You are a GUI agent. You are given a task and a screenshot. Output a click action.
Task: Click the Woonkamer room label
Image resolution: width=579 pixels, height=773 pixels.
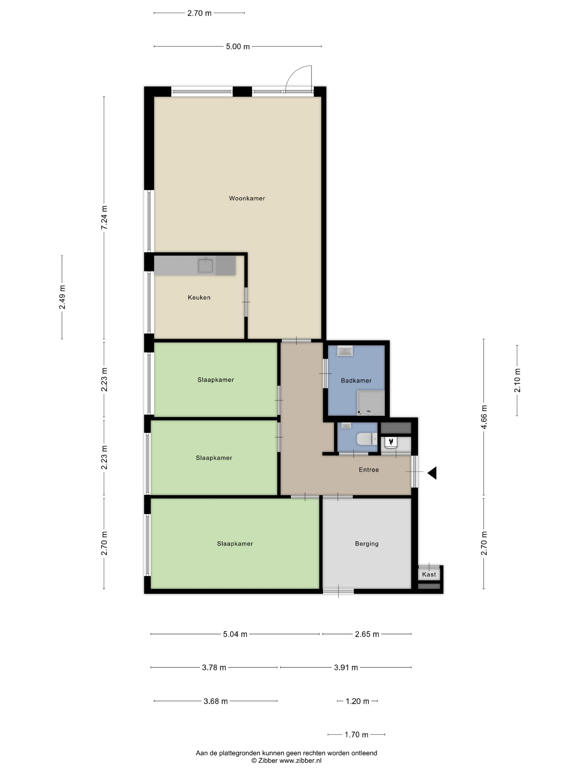click(x=247, y=198)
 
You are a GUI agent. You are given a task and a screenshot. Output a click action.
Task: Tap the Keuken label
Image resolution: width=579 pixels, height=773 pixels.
click(x=199, y=297)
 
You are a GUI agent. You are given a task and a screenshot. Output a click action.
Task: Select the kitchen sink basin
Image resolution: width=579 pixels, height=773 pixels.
click(x=206, y=266)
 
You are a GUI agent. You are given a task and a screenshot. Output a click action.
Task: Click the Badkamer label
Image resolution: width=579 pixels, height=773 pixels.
click(x=356, y=380)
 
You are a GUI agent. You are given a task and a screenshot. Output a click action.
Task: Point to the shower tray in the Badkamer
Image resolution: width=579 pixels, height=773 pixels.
click(x=370, y=403)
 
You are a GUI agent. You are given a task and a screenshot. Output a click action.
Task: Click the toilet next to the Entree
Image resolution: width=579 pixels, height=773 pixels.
click(x=367, y=439)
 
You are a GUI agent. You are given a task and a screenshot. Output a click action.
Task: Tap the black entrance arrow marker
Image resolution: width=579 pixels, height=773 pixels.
click(x=432, y=473)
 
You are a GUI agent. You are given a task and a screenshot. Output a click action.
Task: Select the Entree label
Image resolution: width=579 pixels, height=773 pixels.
click(x=369, y=470)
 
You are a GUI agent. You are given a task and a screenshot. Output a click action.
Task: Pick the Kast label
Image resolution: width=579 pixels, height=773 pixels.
click(x=429, y=574)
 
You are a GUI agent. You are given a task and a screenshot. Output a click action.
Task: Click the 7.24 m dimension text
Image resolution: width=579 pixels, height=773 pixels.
click(x=104, y=217)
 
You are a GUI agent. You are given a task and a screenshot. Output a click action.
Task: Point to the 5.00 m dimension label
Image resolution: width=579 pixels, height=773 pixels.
click(x=238, y=46)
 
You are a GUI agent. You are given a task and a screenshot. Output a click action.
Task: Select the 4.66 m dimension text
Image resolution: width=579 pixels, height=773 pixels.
click(x=484, y=417)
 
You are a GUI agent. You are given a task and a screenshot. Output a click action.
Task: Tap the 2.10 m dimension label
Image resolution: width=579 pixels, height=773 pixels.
click(x=517, y=380)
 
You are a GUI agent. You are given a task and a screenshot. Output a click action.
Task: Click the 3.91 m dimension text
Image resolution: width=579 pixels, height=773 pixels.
click(x=346, y=668)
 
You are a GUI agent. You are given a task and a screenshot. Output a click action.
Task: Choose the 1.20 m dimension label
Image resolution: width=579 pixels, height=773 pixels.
click(x=357, y=701)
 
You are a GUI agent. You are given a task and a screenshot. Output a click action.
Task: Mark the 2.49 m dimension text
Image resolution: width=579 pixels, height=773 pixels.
click(x=62, y=297)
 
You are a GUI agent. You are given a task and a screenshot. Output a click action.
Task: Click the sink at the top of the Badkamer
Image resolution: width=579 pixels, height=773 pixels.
click(x=345, y=351)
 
